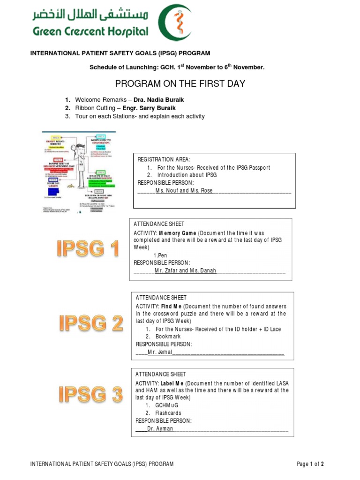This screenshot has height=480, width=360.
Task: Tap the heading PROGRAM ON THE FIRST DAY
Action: [x=180, y=84]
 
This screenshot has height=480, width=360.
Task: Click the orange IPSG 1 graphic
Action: [x=88, y=248]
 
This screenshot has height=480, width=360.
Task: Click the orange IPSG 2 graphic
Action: [x=91, y=323]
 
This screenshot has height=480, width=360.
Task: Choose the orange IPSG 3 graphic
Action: [x=90, y=395]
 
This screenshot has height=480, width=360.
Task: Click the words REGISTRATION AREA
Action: [x=164, y=160]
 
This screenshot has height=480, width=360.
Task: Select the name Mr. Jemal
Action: [x=160, y=352]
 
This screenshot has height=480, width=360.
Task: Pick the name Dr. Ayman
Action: [x=160, y=428]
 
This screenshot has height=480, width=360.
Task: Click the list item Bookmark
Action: [x=168, y=337]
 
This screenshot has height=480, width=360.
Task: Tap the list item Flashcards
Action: [x=168, y=413]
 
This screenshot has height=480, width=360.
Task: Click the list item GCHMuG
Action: [x=167, y=405]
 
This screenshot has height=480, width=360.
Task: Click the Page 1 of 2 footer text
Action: [x=310, y=464]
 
